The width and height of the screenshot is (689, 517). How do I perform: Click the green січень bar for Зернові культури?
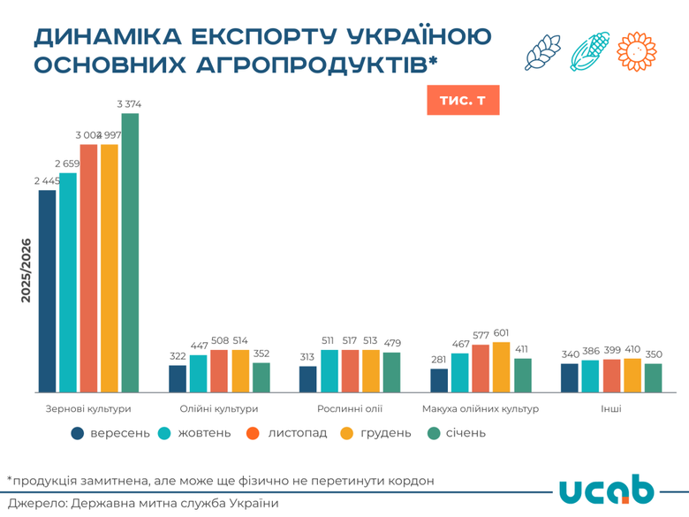(130, 253)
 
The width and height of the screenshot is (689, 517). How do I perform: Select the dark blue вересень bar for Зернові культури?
(47, 291)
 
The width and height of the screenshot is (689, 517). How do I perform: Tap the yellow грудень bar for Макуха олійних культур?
(502, 367)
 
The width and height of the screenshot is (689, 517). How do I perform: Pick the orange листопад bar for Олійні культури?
(219, 371)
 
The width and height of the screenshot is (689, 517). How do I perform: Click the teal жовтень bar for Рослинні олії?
(329, 371)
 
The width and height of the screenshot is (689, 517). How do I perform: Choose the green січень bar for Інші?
(653, 377)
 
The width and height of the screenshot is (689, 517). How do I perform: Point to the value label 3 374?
(130, 104)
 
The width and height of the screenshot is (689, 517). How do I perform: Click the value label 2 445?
(47, 180)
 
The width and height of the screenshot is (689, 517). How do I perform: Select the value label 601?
(502, 332)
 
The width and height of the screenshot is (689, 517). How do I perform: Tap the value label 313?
(308, 357)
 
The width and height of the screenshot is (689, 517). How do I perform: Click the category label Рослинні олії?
(350, 409)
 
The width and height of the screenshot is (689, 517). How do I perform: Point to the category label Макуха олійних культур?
(481, 409)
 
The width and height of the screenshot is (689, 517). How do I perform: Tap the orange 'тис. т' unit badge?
(463, 100)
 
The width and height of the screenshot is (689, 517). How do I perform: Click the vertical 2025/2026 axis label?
(26, 270)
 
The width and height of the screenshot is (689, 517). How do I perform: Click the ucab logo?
(607, 492)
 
